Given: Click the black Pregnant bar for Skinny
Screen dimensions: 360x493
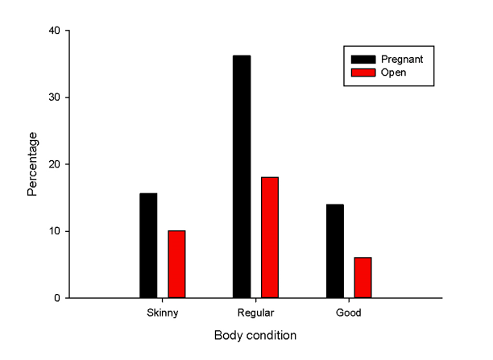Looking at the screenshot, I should (148, 246).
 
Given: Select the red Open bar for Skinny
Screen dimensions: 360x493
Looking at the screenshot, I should (176, 264).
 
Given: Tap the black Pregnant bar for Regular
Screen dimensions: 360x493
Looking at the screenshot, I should (242, 176).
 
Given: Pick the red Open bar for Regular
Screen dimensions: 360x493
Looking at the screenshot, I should (270, 238).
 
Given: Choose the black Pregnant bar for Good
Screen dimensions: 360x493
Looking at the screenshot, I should (335, 251).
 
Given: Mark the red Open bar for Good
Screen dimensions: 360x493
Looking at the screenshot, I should (362, 278).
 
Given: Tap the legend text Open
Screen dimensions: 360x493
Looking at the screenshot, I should (395, 72).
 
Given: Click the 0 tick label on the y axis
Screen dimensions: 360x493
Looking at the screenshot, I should (57, 298).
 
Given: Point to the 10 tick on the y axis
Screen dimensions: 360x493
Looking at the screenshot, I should (55, 231).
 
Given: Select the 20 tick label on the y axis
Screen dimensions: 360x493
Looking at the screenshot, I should (55, 164).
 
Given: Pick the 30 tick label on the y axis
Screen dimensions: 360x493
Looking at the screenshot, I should (55, 97).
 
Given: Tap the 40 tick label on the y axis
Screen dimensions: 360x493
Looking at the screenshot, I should (55, 31).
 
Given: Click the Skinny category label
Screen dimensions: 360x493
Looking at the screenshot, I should (162, 312).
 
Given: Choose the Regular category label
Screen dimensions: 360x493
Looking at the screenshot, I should (255, 312).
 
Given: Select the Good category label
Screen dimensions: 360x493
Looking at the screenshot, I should (349, 312).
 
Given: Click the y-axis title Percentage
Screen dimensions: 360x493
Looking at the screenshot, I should (33, 164).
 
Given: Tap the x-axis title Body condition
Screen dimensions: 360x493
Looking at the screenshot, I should (255, 335).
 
